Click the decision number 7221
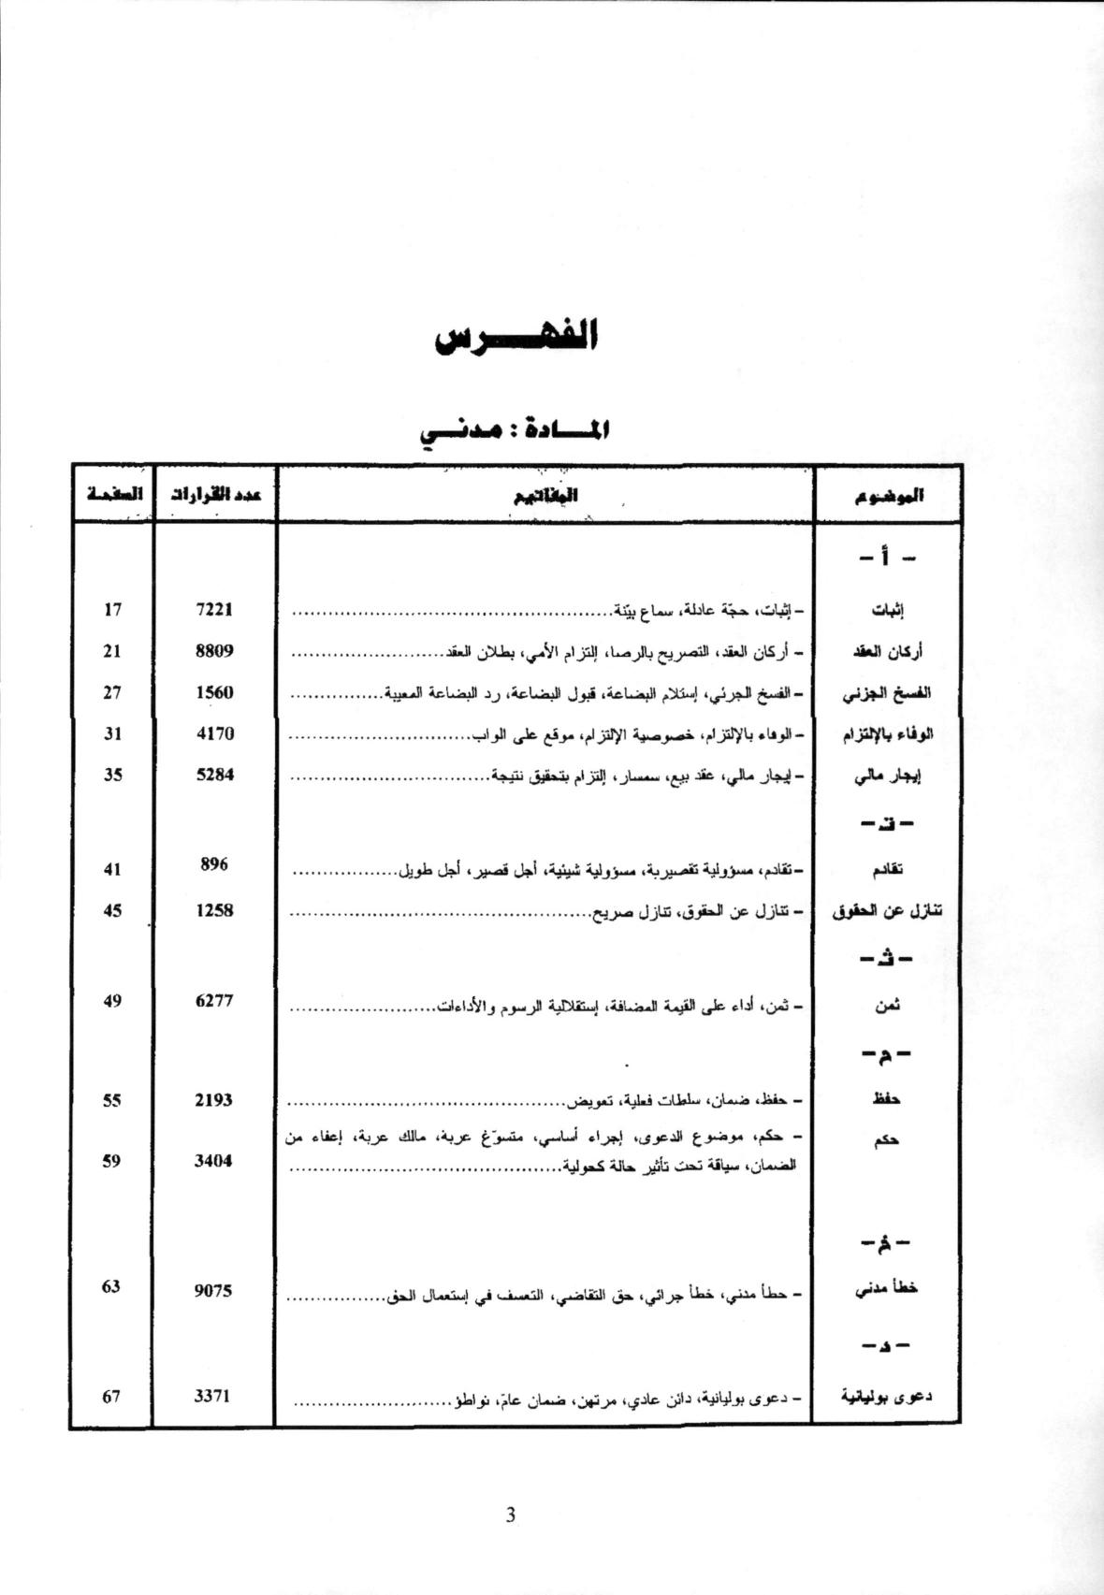[x=214, y=610]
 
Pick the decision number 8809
[x=214, y=651]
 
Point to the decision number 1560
[x=214, y=692]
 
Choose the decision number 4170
[x=214, y=733]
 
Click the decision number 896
[x=214, y=864]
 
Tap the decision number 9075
[x=214, y=1291]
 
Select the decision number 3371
[x=212, y=1397]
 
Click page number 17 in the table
[x=112, y=610]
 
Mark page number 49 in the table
[x=112, y=1001]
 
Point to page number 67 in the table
[x=112, y=1397]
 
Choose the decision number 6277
[x=214, y=1001]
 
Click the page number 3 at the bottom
[x=510, y=1515]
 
